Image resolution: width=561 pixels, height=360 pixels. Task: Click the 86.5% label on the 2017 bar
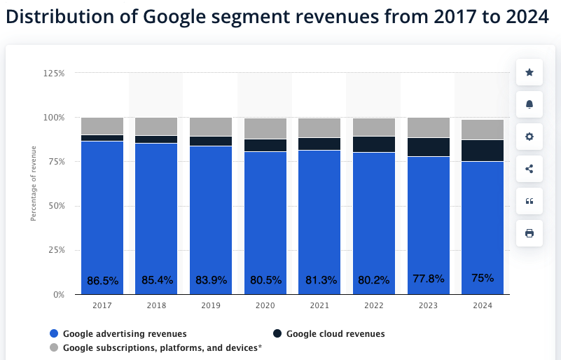point(102,280)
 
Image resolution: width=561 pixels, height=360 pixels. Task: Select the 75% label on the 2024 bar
point(483,277)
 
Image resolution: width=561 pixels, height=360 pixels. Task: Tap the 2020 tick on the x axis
point(265,306)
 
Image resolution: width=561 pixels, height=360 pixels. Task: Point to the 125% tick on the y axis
point(54,73)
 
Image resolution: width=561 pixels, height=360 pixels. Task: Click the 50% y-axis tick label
point(56,206)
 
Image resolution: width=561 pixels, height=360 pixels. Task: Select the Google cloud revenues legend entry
point(329,333)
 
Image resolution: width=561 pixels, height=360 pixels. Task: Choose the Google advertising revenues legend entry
point(118,333)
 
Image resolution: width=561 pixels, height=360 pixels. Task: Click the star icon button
point(529,72)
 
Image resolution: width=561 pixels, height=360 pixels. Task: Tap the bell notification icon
point(529,104)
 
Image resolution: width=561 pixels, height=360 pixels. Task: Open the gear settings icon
point(529,137)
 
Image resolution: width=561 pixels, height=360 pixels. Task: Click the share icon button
point(529,169)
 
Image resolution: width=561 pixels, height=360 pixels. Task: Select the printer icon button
point(529,233)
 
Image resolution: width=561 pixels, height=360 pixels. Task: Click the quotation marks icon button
point(529,201)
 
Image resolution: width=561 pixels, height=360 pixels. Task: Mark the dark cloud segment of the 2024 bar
point(483,151)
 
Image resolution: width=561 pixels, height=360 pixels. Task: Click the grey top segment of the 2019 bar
point(211,127)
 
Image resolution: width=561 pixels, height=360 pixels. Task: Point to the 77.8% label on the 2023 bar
point(428,279)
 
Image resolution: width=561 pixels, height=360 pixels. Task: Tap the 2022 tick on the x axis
point(373,306)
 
